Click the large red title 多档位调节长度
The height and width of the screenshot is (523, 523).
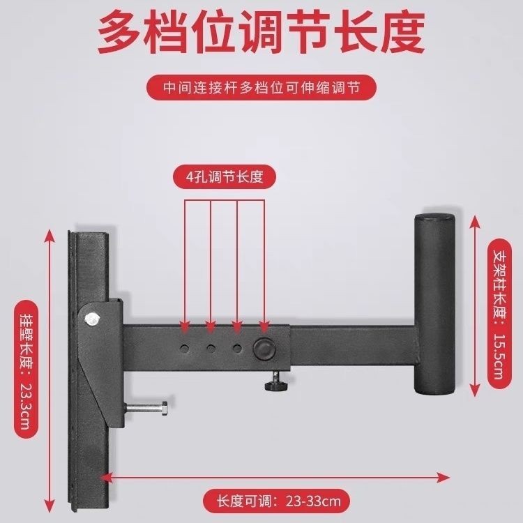(x=261, y=31)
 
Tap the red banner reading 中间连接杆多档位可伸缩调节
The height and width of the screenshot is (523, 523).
(x=261, y=88)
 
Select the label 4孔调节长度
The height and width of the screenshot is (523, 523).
(x=225, y=176)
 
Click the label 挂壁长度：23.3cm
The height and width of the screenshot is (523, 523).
(x=26, y=369)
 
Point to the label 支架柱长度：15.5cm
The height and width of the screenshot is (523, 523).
(x=499, y=314)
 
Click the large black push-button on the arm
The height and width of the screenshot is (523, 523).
(x=264, y=348)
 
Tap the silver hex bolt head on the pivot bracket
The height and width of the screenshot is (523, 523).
(x=92, y=319)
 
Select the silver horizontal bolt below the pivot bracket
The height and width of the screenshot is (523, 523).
(x=146, y=408)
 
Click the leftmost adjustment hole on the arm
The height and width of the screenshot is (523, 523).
(x=184, y=349)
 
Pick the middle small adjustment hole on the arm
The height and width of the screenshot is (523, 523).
(x=211, y=349)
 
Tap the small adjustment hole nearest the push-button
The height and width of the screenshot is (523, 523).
(x=237, y=349)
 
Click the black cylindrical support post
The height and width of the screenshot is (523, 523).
(x=434, y=303)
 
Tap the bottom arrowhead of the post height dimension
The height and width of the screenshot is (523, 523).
(x=474, y=391)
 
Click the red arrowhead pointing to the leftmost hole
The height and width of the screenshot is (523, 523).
(x=185, y=328)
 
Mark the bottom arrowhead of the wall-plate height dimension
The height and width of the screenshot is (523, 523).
(x=50, y=506)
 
